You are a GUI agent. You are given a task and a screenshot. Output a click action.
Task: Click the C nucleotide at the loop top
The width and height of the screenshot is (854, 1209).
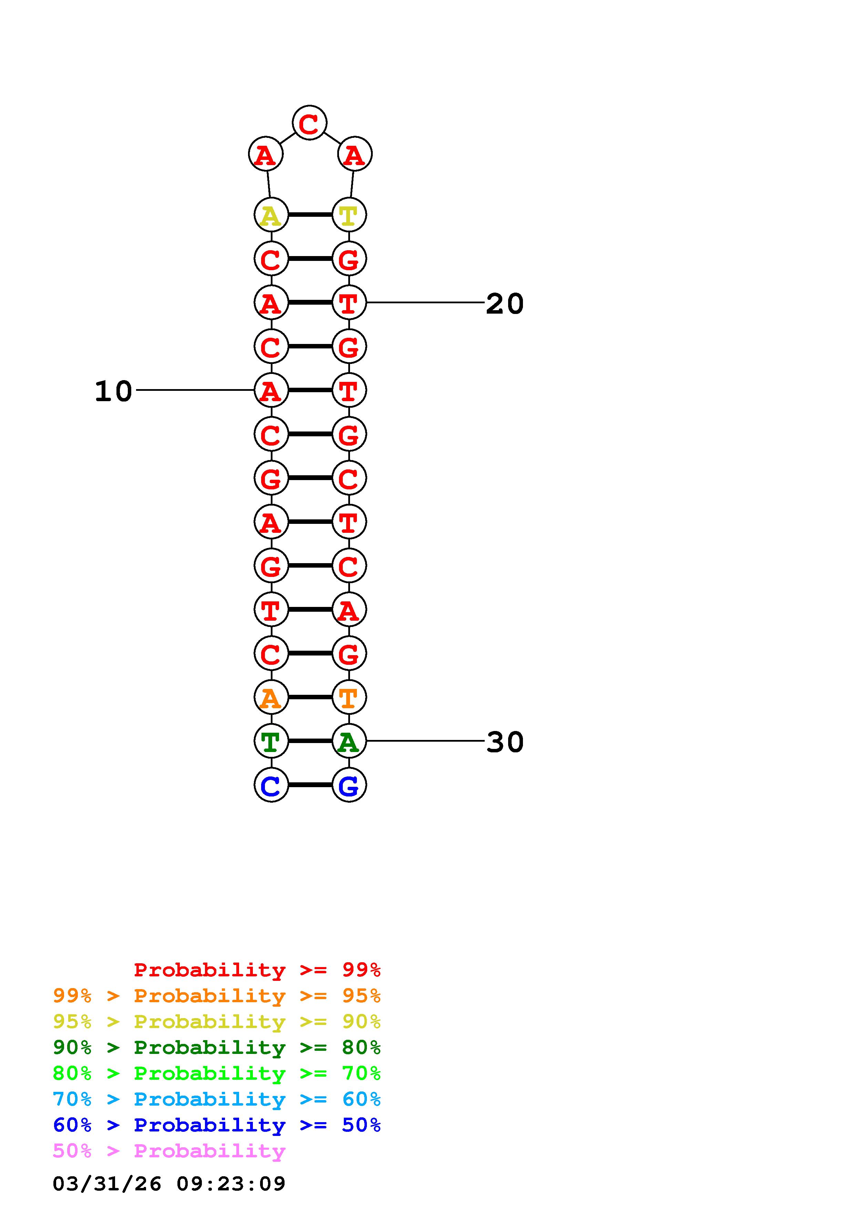coord(309,123)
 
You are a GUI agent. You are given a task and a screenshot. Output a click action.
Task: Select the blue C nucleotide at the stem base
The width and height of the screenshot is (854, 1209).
coord(271,785)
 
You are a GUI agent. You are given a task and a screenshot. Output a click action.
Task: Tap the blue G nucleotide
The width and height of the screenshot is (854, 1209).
coord(349,785)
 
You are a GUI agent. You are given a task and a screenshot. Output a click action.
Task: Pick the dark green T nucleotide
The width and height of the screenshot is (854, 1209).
coord(271,741)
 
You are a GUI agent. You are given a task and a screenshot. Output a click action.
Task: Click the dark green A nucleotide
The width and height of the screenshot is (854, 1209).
coord(349,741)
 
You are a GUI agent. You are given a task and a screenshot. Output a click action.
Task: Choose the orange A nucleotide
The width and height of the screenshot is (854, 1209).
coord(271,697)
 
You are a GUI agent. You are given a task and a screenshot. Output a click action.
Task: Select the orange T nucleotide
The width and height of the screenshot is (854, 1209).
coord(349,697)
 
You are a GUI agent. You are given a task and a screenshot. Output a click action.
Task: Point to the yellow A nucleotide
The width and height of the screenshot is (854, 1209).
coord(271,215)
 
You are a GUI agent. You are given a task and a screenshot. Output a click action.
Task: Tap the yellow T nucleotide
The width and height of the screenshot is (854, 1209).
coord(349,215)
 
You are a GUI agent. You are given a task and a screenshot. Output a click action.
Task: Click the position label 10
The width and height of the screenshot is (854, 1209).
coord(113,391)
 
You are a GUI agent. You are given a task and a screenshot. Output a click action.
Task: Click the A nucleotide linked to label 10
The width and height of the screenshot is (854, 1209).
coord(271,390)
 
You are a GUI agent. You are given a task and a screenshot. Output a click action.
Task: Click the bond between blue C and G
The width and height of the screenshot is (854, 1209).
coord(310,785)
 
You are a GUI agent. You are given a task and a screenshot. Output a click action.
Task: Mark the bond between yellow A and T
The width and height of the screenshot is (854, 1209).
coord(310,215)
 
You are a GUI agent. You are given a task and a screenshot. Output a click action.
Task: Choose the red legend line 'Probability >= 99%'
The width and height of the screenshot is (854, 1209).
coord(257,970)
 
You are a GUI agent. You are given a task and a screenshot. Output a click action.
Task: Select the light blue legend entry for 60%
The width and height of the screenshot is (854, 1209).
coord(217,1099)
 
